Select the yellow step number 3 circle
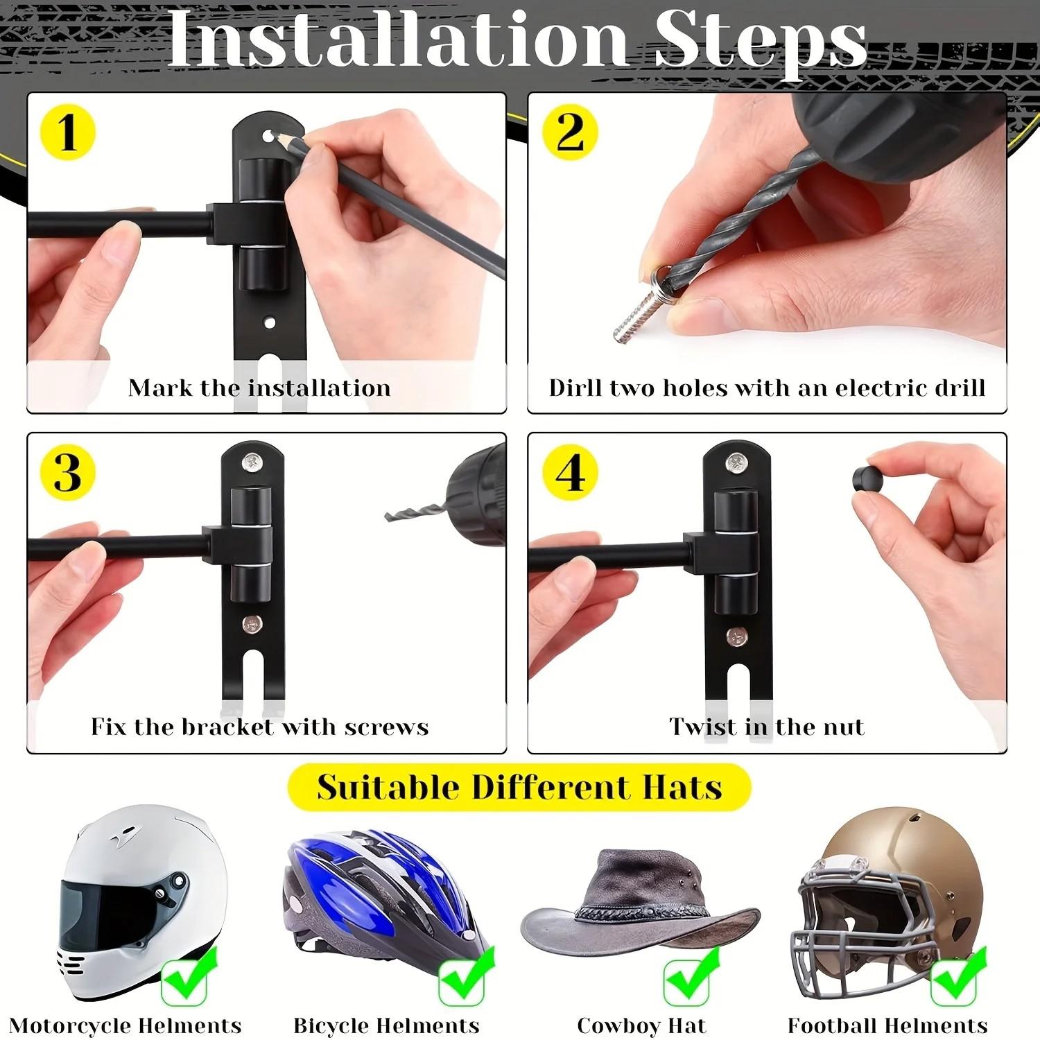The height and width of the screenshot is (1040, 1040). [x=67, y=473]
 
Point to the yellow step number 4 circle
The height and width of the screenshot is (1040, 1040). [x=570, y=473]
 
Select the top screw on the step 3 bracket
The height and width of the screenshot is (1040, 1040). [x=252, y=460]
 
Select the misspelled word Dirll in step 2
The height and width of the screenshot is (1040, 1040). [x=575, y=388]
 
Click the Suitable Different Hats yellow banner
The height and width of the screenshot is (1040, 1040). [x=519, y=788]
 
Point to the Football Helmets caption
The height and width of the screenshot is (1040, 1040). [x=887, y=1025]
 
